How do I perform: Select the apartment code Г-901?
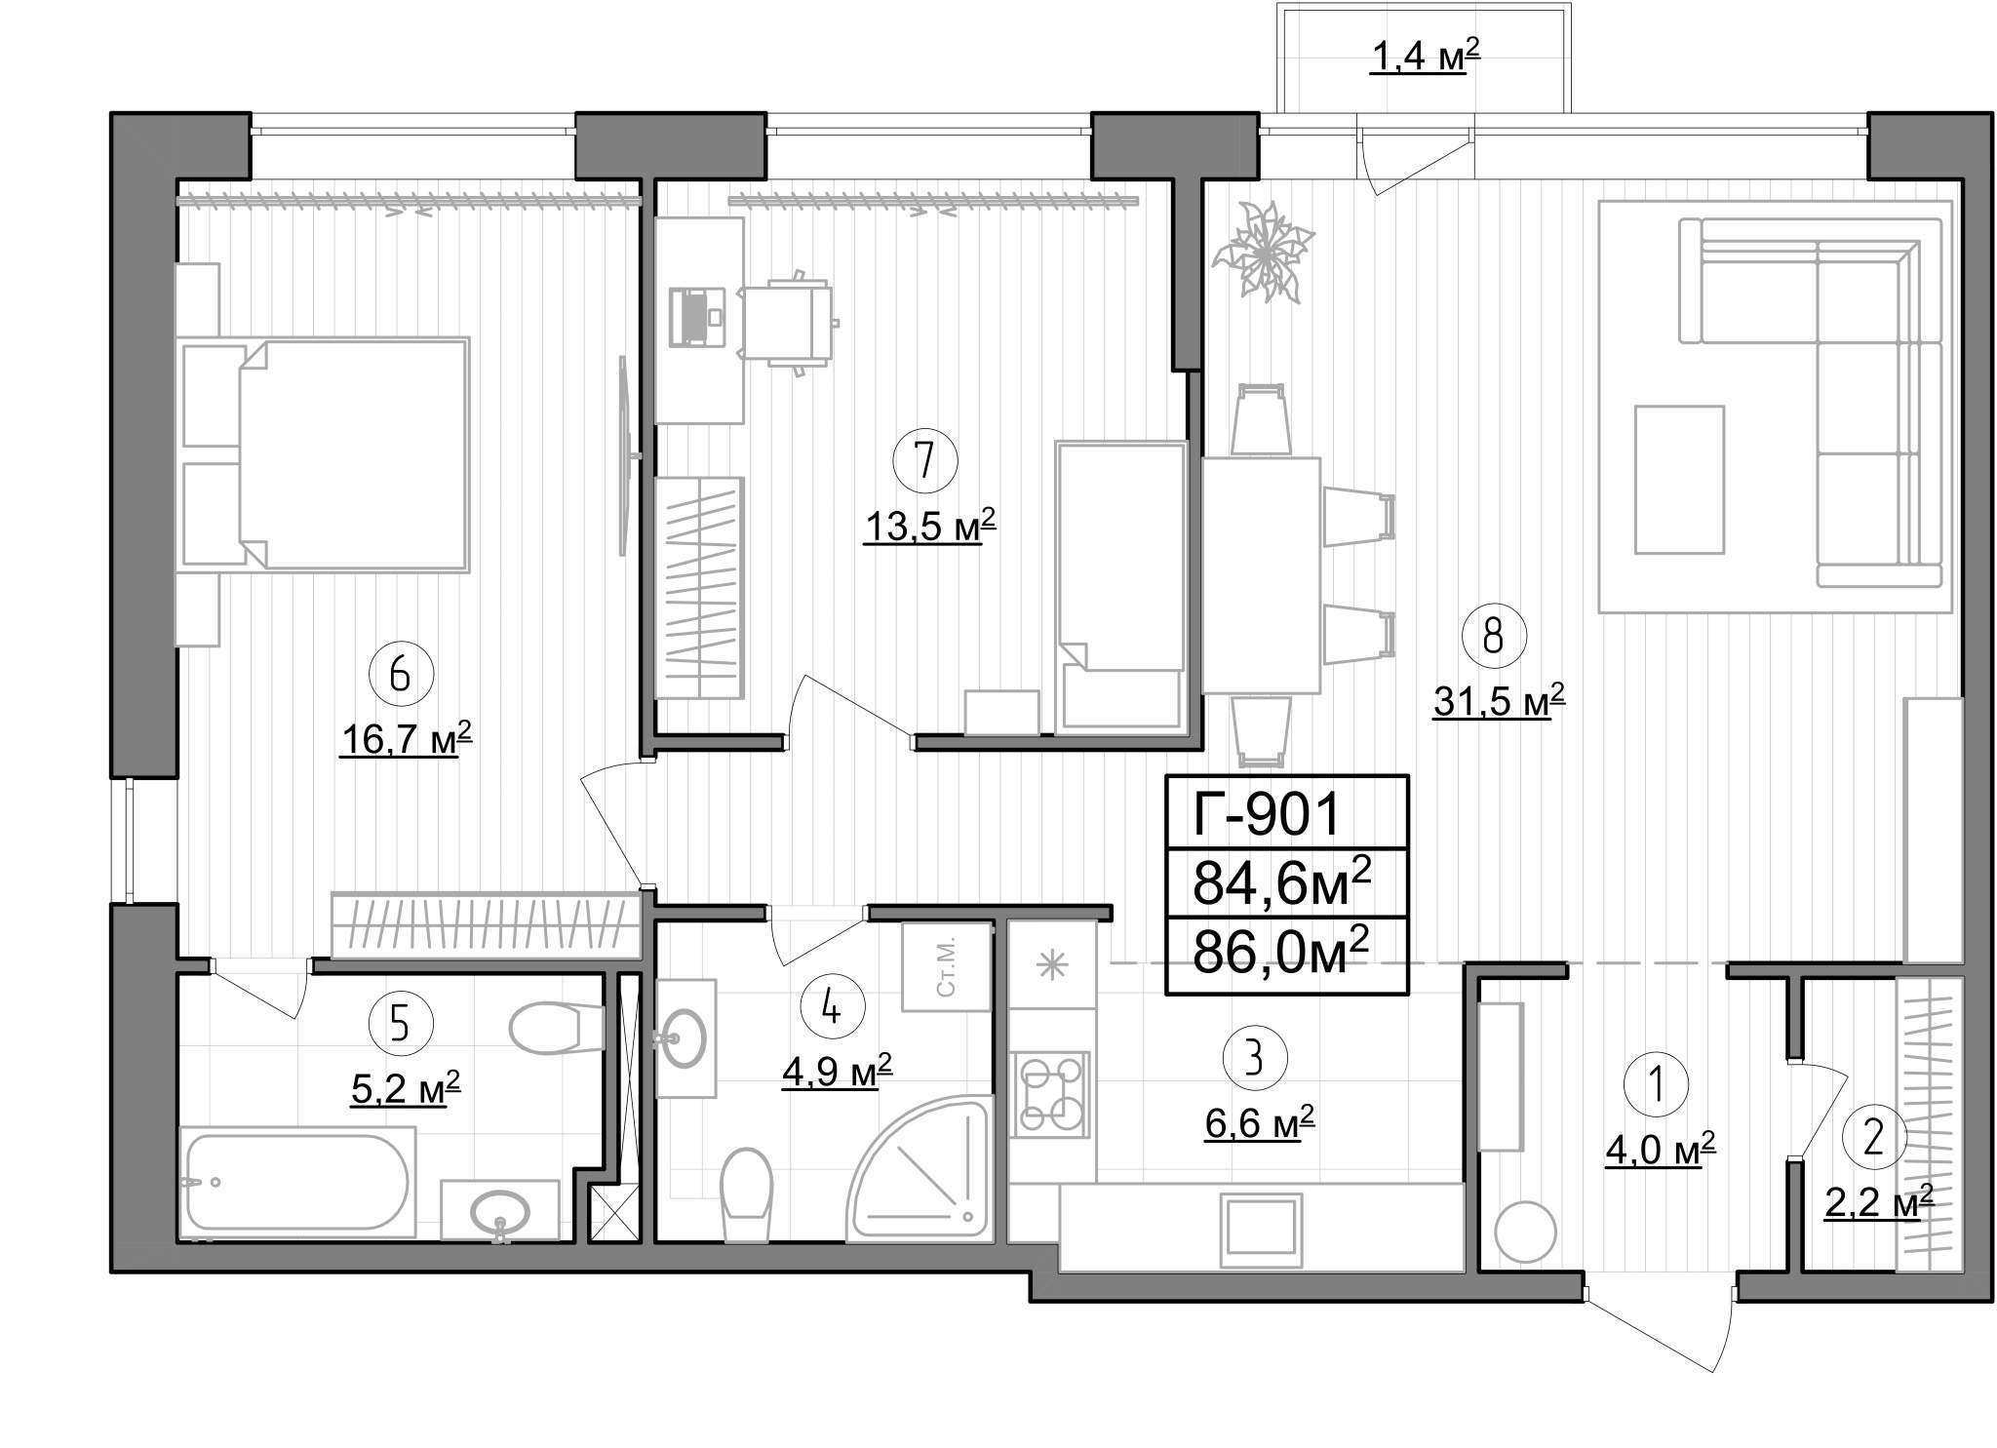click(x=1268, y=813)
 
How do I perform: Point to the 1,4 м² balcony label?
click(x=1427, y=59)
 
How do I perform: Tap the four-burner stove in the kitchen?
click(x=1050, y=1094)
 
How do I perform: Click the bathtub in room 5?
click(x=295, y=1182)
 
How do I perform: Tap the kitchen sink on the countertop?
click(x=1264, y=1225)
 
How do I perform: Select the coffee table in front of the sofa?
click(x=1679, y=480)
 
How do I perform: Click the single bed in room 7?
click(x=1121, y=585)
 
